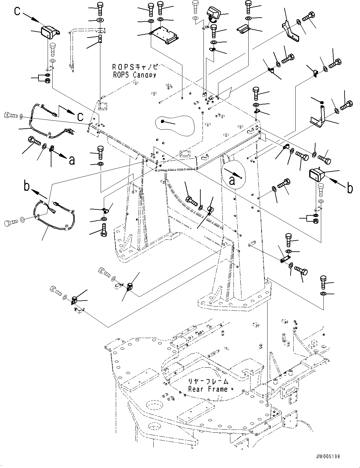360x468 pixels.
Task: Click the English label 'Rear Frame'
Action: coord(208,389)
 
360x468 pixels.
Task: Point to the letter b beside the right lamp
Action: coord(350,189)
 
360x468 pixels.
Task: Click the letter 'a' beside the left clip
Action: coord(72,161)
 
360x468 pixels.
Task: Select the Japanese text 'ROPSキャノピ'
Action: coord(134,67)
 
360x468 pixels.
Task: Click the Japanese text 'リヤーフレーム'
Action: coord(208,381)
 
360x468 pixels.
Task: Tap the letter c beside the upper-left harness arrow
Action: coord(80,117)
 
